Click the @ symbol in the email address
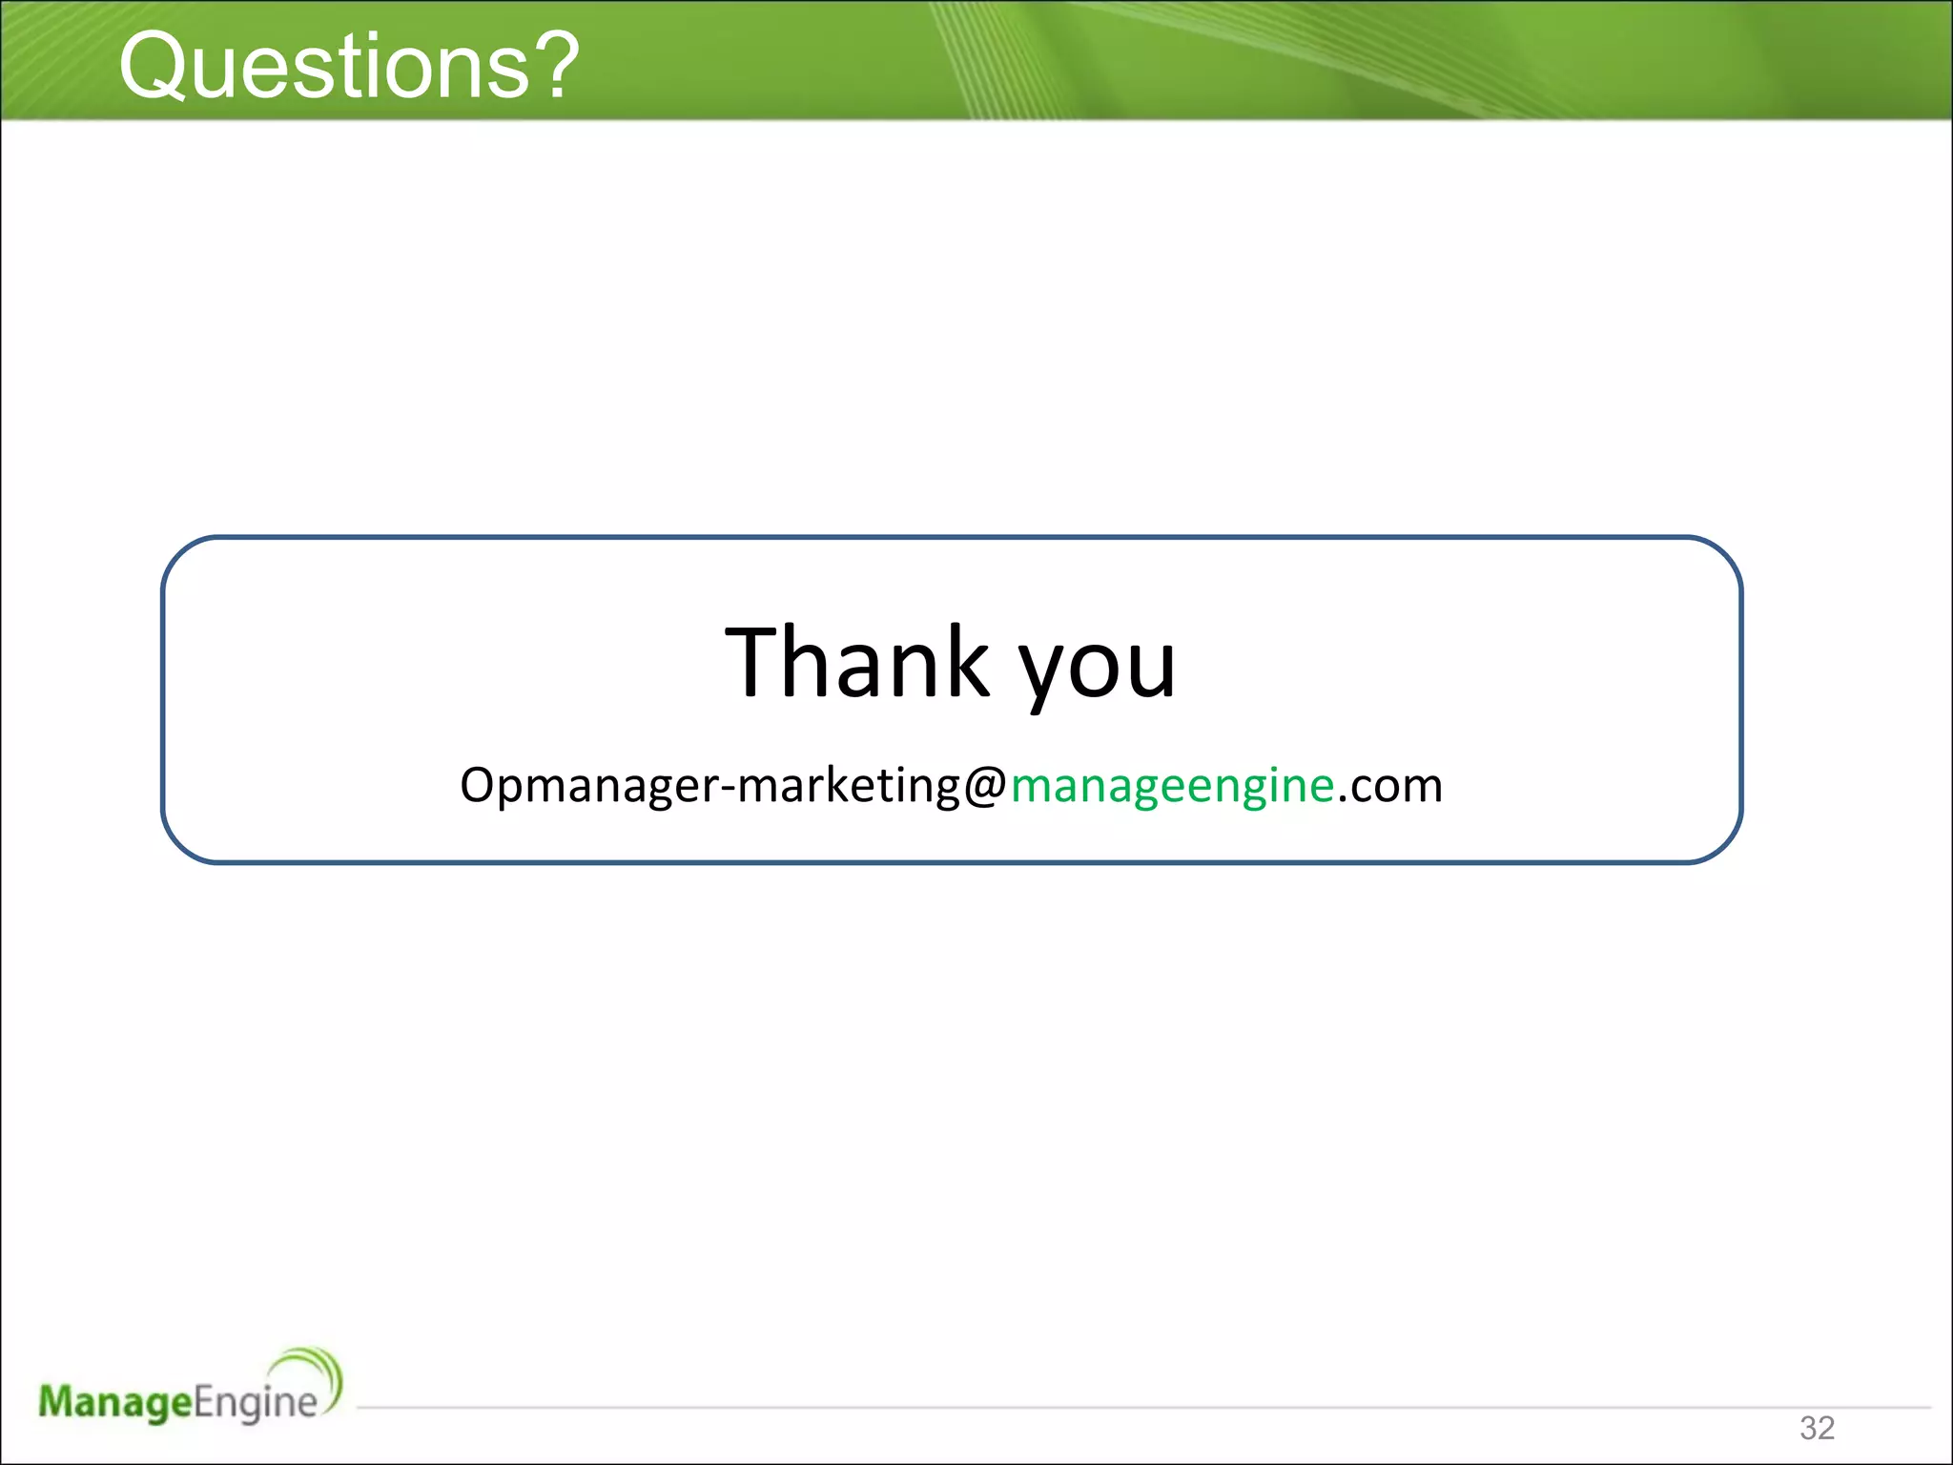pyautogui.click(x=985, y=786)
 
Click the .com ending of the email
pyautogui.click(x=1389, y=786)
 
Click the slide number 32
pyautogui.click(x=1817, y=1428)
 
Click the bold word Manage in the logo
pyautogui.click(x=115, y=1402)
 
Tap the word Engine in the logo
pyautogui.click(x=256, y=1402)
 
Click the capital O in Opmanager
pyautogui.click(x=478, y=786)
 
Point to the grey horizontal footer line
pyautogui.click(x=1049, y=1407)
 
